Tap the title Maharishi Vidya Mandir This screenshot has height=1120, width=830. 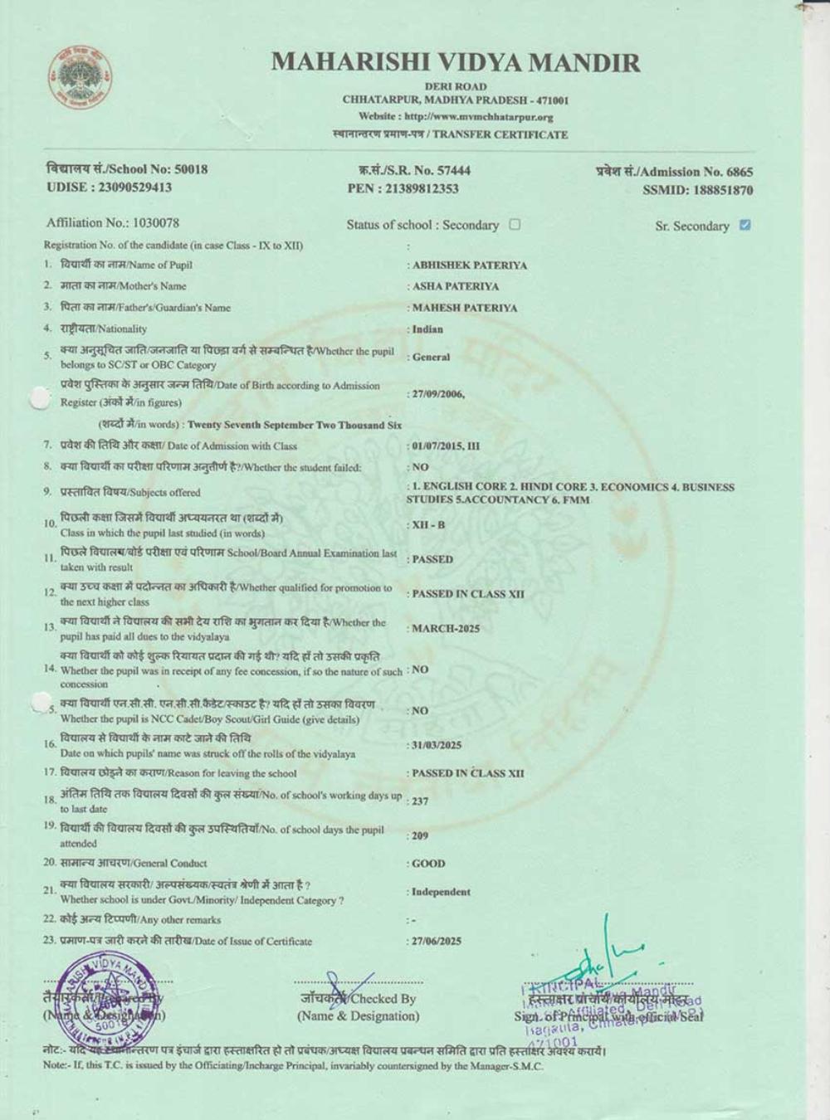455,62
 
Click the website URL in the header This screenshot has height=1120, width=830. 456,116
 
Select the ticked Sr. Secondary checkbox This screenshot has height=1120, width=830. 745,225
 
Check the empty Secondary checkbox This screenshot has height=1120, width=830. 515,224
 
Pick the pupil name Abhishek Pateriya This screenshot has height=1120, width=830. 470,265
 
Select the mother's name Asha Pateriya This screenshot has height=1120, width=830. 456,286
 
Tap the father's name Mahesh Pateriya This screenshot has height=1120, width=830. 465,308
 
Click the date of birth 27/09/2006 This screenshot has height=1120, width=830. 438,394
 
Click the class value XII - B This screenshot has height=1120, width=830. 429,525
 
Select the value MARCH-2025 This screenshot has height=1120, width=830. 446,628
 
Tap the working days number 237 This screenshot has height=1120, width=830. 420,801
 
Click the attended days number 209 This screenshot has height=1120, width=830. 420,835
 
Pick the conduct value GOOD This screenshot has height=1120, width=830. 428,864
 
